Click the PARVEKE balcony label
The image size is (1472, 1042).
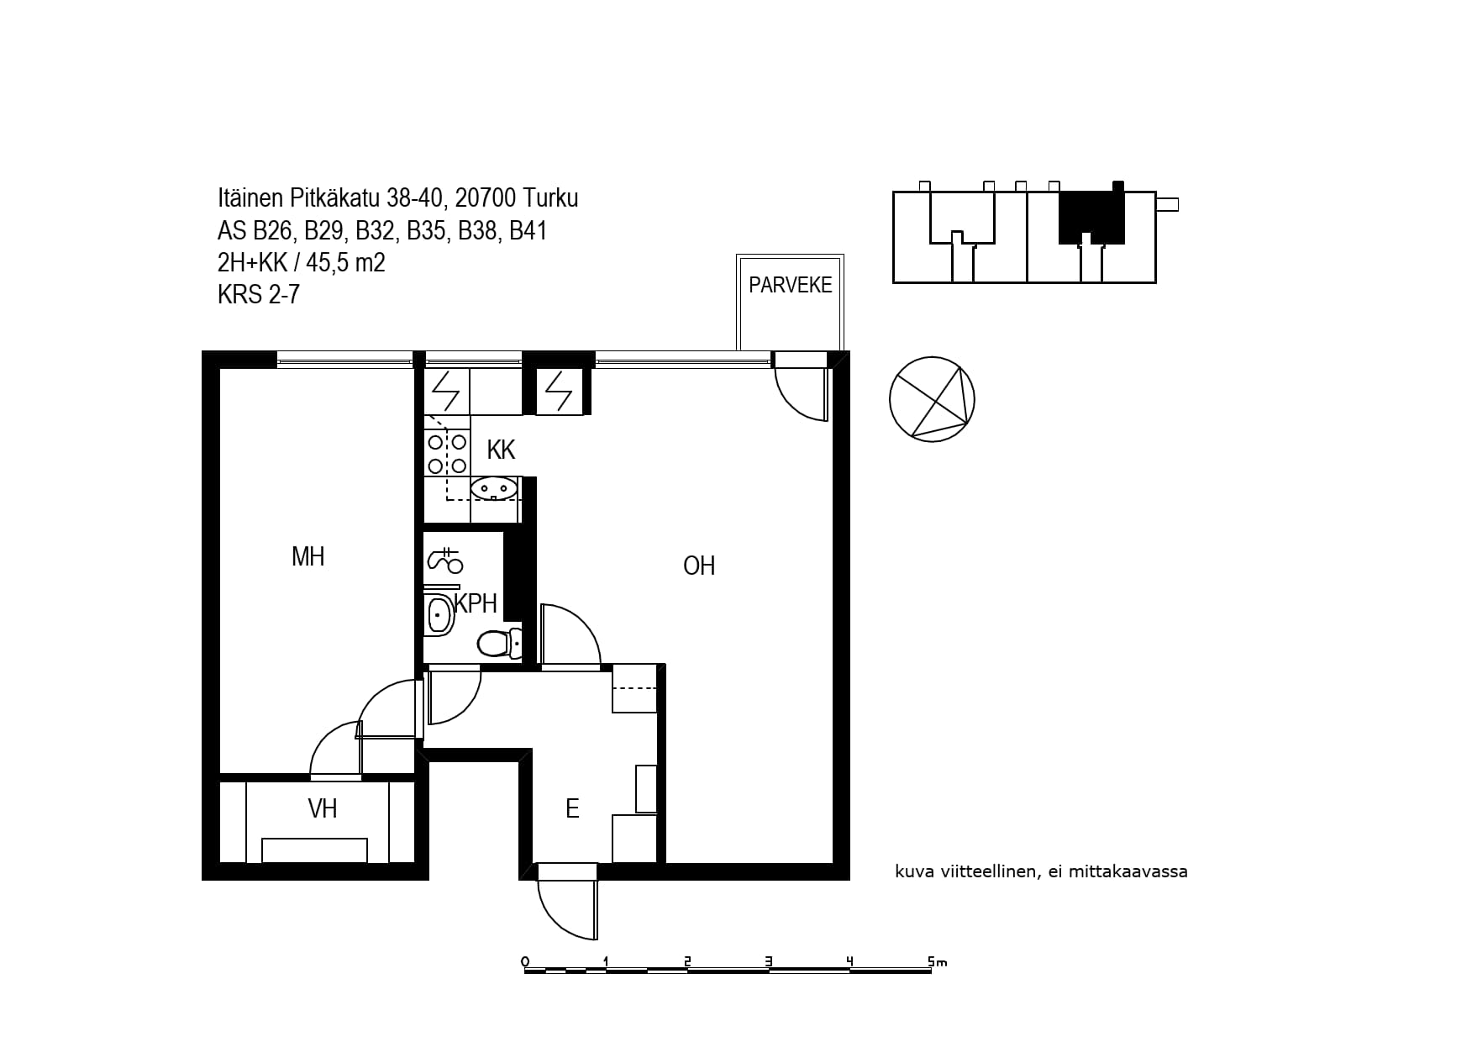pyautogui.click(x=790, y=285)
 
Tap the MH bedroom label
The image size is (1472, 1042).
pyautogui.click(x=308, y=556)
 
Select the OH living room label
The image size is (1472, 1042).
pyautogui.click(x=699, y=566)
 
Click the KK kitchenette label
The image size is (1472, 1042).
pyautogui.click(x=501, y=450)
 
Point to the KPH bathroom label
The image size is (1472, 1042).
pyautogui.click(x=476, y=603)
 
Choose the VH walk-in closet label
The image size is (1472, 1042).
pyautogui.click(x=323, y=808)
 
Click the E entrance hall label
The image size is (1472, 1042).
pyautogui.click(x=572, y=808)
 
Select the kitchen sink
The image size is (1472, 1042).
pyautogui.click(x=494, y=487)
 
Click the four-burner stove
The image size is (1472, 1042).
pyautogui.click(x=447, y=454)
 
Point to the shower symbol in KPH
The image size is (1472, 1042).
pyautogui.click(x=444, y=560)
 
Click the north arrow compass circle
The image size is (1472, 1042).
pyautogui.click(x=932, y=399)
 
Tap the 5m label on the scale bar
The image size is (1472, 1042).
pyautogui.click(x=936, y=961)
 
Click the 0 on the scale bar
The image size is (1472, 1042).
pyautogui.click(x=525, y=961)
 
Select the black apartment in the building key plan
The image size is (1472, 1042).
pyautogui.click(x=1091, y=215)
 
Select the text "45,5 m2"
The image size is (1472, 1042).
pyautogui.click(x=345, y=263)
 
